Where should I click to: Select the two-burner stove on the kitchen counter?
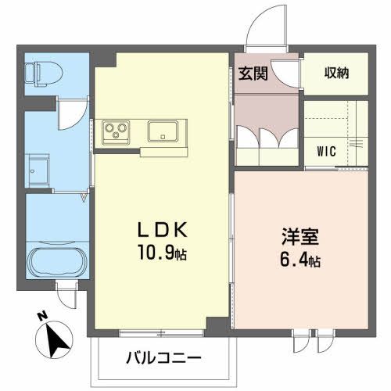116,131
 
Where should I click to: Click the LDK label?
163,231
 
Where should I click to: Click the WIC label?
327,150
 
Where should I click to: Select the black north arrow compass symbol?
55,339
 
